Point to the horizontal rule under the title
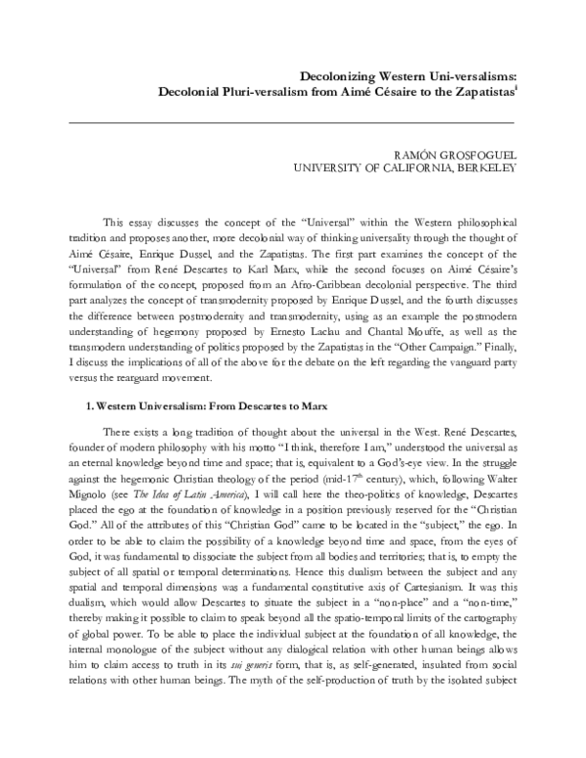coord(293,121)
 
